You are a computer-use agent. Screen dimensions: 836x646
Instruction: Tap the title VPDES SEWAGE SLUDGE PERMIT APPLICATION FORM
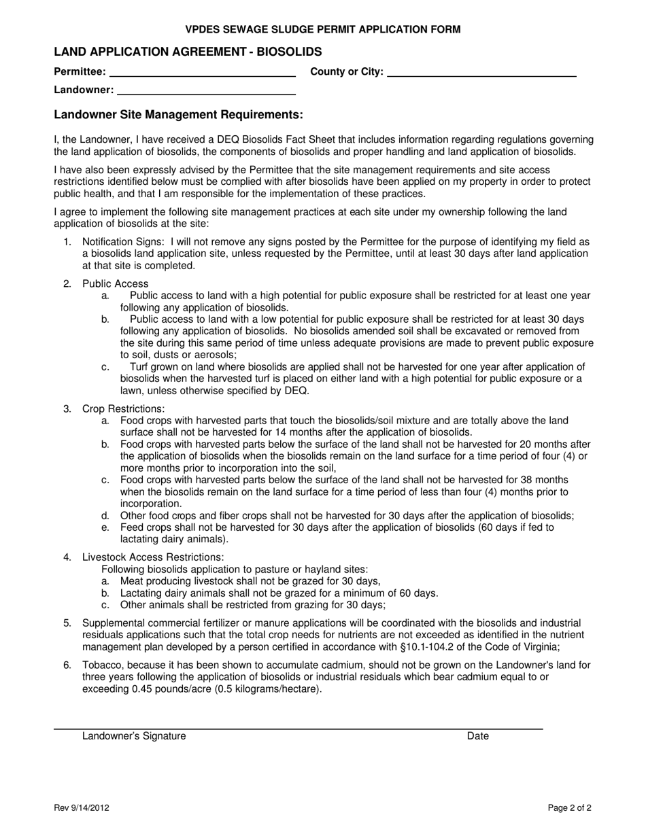pyautogui.click(x=323, y=29)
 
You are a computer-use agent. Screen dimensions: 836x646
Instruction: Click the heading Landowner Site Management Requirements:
pyautogui.click(x=178, y=115)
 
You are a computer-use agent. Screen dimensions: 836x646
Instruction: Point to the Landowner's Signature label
pyautogui.click(x=134, y=735)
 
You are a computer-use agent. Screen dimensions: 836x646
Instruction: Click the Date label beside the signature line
pyautogui.click(x=477, y=735)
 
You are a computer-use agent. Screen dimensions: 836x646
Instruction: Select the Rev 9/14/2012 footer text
pyautogui.click(x=82, y=808)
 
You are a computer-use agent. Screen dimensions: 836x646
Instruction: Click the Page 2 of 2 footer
pyautogui.click(x=569, y=808)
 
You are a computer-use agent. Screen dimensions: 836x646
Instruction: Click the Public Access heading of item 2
pyautogui.click(x=115, y=283)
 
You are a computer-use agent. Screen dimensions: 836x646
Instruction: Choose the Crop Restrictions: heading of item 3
pyautogui.click(x=123, y=408)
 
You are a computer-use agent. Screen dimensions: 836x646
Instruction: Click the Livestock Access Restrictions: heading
pyautogui.click(x=153, y=557)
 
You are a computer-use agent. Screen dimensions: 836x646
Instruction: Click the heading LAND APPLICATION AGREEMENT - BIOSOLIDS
pyautogui.click(x=188, y=52)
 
